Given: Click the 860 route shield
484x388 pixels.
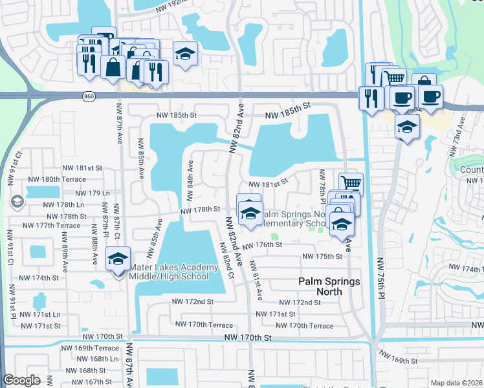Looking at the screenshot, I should (x=89, y=96).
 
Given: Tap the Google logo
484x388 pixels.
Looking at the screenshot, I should (x=21, y=381).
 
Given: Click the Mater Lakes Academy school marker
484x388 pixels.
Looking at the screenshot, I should (x=118, y=260).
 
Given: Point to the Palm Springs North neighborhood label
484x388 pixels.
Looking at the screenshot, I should (x=319, y=286).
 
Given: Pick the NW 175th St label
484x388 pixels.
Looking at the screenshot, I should (x=322, y=257).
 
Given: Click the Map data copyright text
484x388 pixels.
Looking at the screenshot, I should (x=456, y=383).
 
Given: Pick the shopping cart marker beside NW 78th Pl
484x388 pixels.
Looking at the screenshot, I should (x=351, y=184).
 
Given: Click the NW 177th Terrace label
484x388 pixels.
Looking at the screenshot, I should (x=50, y=226).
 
